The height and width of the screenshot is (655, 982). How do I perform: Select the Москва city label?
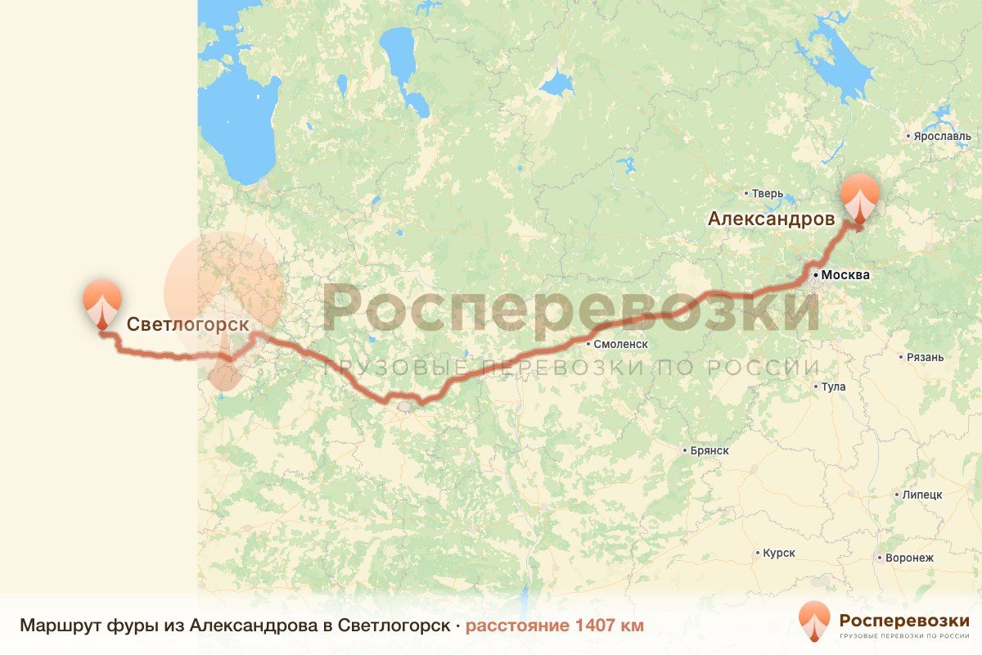pos(845,275)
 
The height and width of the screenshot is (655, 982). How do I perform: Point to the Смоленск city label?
pos(621,345)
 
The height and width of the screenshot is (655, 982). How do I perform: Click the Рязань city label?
pos(926,357)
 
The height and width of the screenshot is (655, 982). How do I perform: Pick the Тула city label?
pos(835,386)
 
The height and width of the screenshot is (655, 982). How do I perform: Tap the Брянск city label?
pos(709,450)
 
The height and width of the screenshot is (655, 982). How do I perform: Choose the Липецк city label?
pos(922,495)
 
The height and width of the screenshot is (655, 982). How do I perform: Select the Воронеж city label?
pos(910,558)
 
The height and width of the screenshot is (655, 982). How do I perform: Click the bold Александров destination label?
pos(771,219)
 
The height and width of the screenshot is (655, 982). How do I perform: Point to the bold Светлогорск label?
pos(187,324)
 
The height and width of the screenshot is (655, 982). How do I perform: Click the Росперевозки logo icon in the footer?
pos(813,621)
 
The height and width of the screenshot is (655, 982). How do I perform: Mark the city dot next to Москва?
pos(816,275)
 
